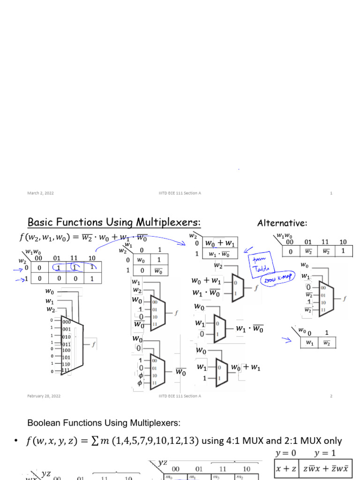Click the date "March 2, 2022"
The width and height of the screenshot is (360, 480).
[x=40, y=193]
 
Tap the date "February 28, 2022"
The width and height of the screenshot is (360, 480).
[x=44, y=396]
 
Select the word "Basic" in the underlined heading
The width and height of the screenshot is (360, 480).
[x=41, y=222]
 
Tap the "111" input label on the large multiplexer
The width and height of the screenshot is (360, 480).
[x=66, y=370]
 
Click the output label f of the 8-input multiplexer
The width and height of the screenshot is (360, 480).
[x=93, y=345]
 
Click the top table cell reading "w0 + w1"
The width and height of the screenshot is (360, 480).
[x=220, y=243]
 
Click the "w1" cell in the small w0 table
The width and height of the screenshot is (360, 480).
[x=309, y=343]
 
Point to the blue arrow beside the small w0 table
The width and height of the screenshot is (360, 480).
[x=287, y=341]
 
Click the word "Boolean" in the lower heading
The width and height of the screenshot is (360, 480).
[x=45, y=423]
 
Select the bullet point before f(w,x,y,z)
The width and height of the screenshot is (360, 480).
[x=16, y=441]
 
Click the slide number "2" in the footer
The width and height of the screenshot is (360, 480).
[x=331, y=396]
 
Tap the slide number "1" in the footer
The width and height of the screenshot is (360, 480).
[x=331, y=193]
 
